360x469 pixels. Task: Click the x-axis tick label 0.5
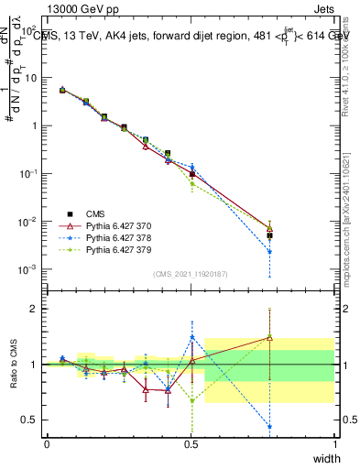(x=191, y=444)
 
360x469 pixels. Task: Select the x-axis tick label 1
(x=334, y=444)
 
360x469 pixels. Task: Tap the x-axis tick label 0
(x=47, y=444)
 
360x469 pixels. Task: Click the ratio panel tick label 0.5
(x=31, y=420)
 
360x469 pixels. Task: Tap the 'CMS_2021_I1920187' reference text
(x=190, y=273)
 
